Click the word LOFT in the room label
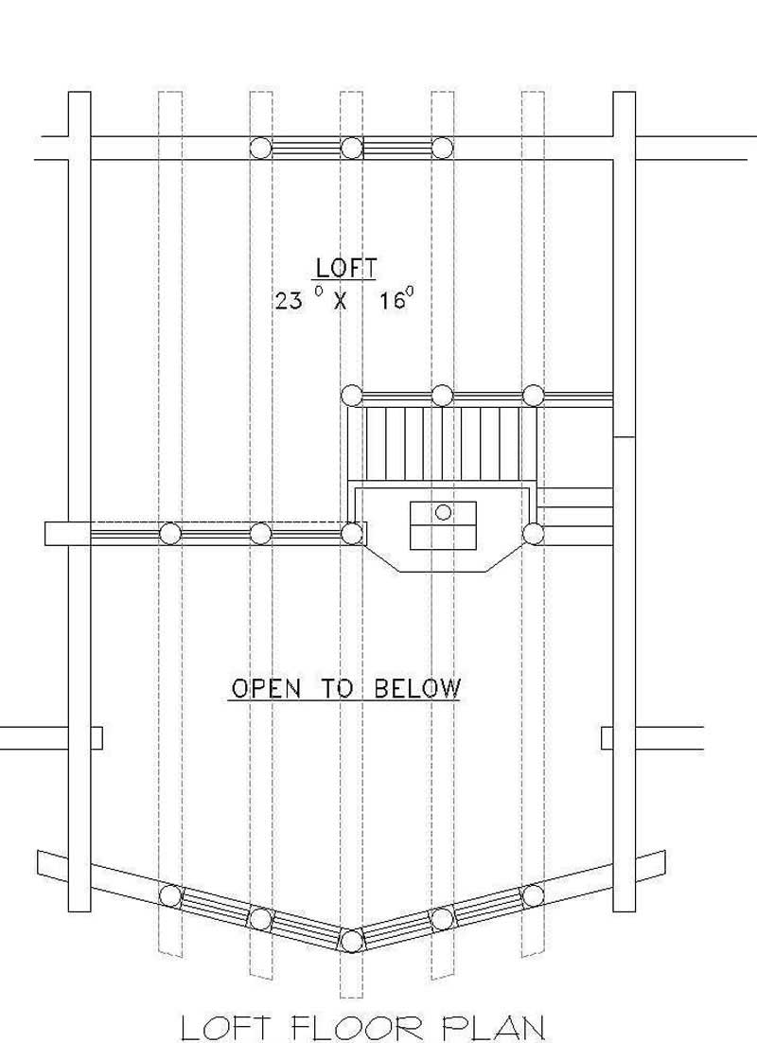[346, 268]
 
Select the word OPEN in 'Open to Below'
[264, 688]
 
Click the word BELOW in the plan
[416, 688]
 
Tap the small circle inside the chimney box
[443, 512]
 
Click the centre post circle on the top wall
[351, 148]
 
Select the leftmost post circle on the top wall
[260, 148]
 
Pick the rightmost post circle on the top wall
[442, 148]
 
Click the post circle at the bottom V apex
[351, 940]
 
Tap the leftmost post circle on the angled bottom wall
[170, 894]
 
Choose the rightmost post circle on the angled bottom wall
[533, 894]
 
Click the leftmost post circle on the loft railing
[170, 533]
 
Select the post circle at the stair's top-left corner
[351, 395]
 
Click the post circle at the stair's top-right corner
[533, 395]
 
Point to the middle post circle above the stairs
[442, 395]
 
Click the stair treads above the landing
[442, 443]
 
